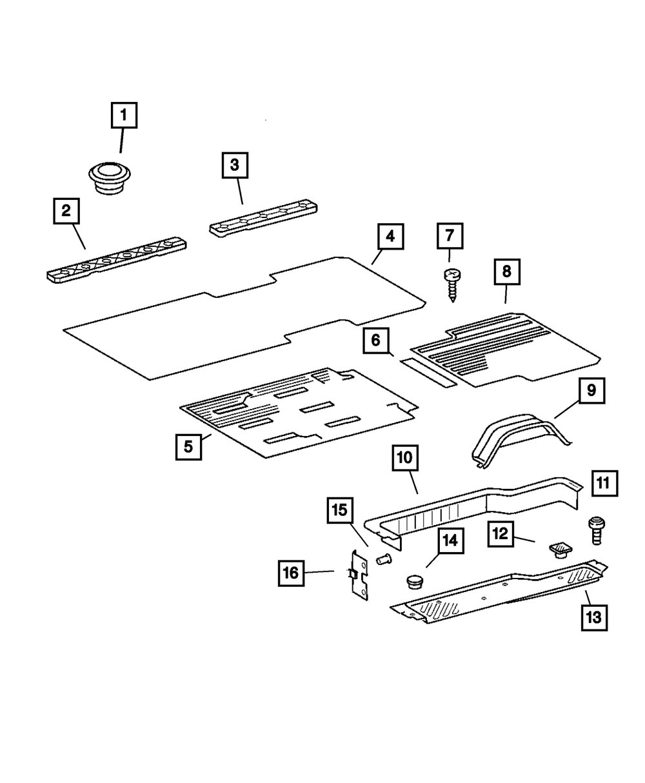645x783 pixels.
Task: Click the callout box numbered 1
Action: pyautogui.click(x=124, y=117)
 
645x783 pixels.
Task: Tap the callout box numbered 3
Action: pyautogui.click(x=234, y=165)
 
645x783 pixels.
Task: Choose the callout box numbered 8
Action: pyautogui.click(x=506, y=272)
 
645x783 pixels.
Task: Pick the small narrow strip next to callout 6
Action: pyautogui.click(x=429, y=371)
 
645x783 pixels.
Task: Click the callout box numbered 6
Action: pyautogui.click(x=375, y=340)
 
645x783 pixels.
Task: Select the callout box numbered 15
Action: pyautogui.click(x=340, y=510)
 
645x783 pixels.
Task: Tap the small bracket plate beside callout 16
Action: pyautogui.click(x=358, y=573)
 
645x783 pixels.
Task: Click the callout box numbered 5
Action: pyautogui.click(x=188, y=446)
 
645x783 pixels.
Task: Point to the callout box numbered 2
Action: pyautogui.click(x=66, y=210)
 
